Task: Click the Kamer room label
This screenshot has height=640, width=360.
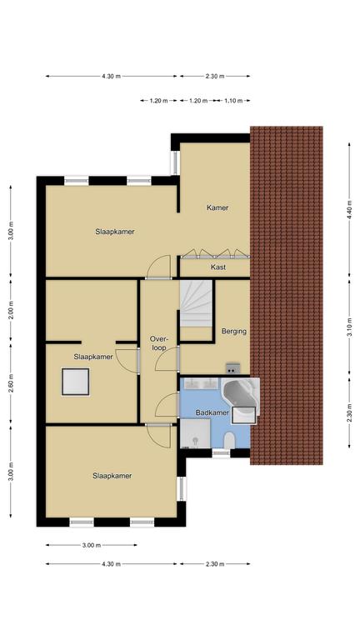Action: (x=217, y=207)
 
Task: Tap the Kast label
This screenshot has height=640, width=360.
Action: (x=218, y=267)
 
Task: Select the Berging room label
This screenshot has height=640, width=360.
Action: (x=234, y=331)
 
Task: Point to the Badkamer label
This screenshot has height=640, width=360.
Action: (x=212, y=412)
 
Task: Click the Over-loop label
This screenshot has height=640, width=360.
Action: (x=158, y=343)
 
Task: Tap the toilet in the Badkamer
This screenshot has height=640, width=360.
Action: (x=229, y=440)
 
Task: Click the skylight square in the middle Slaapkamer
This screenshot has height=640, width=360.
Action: (x=76, y=382)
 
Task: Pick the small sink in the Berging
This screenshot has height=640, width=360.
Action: (x=232, y=367)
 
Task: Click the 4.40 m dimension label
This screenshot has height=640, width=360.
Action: (x=349, y=209)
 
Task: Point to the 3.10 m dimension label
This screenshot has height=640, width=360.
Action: (x=349, y=327)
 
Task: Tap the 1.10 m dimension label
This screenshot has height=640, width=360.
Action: (x=232, y=100)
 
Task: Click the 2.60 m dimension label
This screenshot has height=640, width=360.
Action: (x=11, y=383)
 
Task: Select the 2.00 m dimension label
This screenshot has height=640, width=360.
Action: (x=11, y=310)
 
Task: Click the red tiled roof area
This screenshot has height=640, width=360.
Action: (x=287, y=296)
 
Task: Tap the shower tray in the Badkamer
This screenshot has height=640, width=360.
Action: (x=196, y=433)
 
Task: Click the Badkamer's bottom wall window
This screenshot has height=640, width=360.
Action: (x=221, y=452)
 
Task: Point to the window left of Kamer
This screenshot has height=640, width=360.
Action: (x=175, y=162)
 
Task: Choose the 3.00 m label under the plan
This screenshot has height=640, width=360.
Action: (x=91, y=545)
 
